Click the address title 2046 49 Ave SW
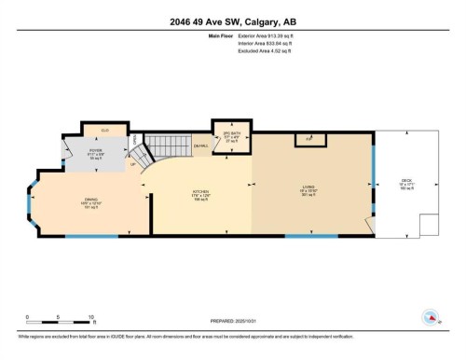tap(232, 23)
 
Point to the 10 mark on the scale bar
tap(90, 318)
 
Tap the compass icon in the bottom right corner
tap(430, 317)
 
